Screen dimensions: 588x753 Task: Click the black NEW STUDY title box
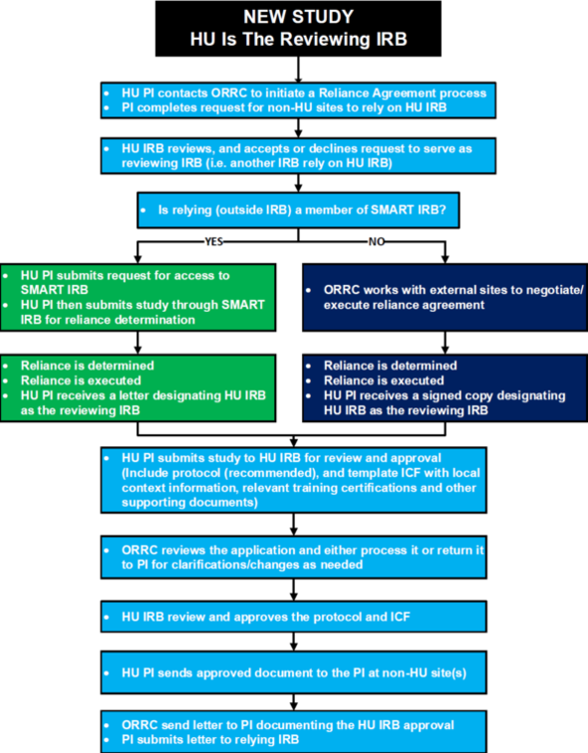coord(298,29)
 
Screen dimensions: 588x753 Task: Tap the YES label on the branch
coord(214,241)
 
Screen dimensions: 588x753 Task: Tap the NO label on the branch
coord(376,241)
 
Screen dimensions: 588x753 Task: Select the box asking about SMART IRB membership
coord(298,211)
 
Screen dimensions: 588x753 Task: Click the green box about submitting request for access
coord(138,297)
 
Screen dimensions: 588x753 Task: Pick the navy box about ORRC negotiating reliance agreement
coord(445,297)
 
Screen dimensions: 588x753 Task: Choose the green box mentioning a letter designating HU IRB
coord(138,388)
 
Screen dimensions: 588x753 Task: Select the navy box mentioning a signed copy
coord(445,388)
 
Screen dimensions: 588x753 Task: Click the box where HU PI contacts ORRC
coord(298,100)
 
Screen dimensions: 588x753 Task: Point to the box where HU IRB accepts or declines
coord(298,156)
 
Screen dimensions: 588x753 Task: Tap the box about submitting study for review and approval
coord(294,480)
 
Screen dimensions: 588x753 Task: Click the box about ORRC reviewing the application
coord(294,557)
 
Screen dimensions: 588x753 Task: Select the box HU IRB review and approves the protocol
coord(294,617)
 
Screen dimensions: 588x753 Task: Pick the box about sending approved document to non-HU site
coord(294,673)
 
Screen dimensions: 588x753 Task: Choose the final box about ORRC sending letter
coord(294,732)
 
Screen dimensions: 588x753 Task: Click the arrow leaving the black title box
coord(298,70)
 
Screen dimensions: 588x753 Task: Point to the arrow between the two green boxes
coord(138,343)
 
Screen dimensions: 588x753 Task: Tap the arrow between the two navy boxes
coord(445,343)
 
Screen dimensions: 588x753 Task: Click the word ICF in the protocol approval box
coord(400,617)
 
